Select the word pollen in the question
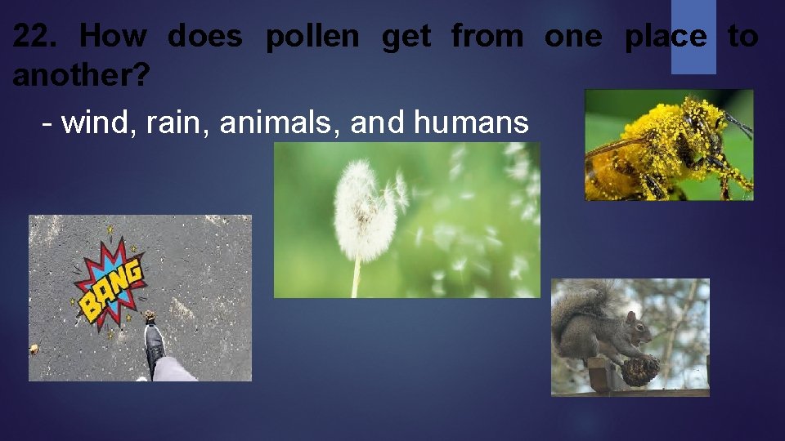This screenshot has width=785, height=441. click(x=312, y=37)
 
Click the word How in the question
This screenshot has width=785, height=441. click(x=114, y=37)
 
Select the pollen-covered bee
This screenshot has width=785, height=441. click(x=666, y=145)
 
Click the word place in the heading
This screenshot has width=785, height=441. click(x=666, y=37)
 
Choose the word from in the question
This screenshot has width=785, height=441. click(x=487, y=37)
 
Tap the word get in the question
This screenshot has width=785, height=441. click(x=405, y=37)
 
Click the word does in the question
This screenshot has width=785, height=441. click(x=204, y=37)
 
